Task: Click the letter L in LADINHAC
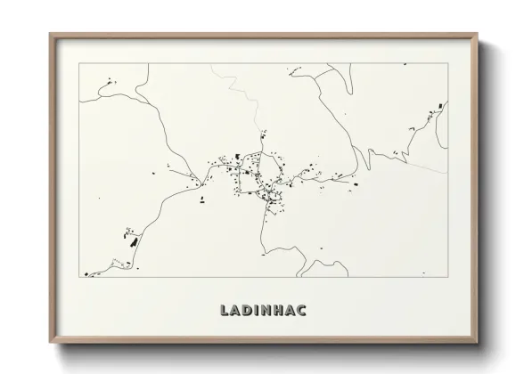tap(223, 310)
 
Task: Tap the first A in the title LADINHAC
tap(236, 310)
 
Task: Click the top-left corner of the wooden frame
tap(50, 34)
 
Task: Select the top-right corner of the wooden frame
tap(478, 34)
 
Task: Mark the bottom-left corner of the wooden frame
tap(50, 343)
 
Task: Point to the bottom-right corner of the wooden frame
tap(478, 343)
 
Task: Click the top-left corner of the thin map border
tap(79, 63)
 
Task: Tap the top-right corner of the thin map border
tap(448, 63)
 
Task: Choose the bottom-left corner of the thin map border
tap(79, 277)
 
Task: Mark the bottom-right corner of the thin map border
tap(448, 277)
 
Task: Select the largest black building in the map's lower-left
tap(132, 240)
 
